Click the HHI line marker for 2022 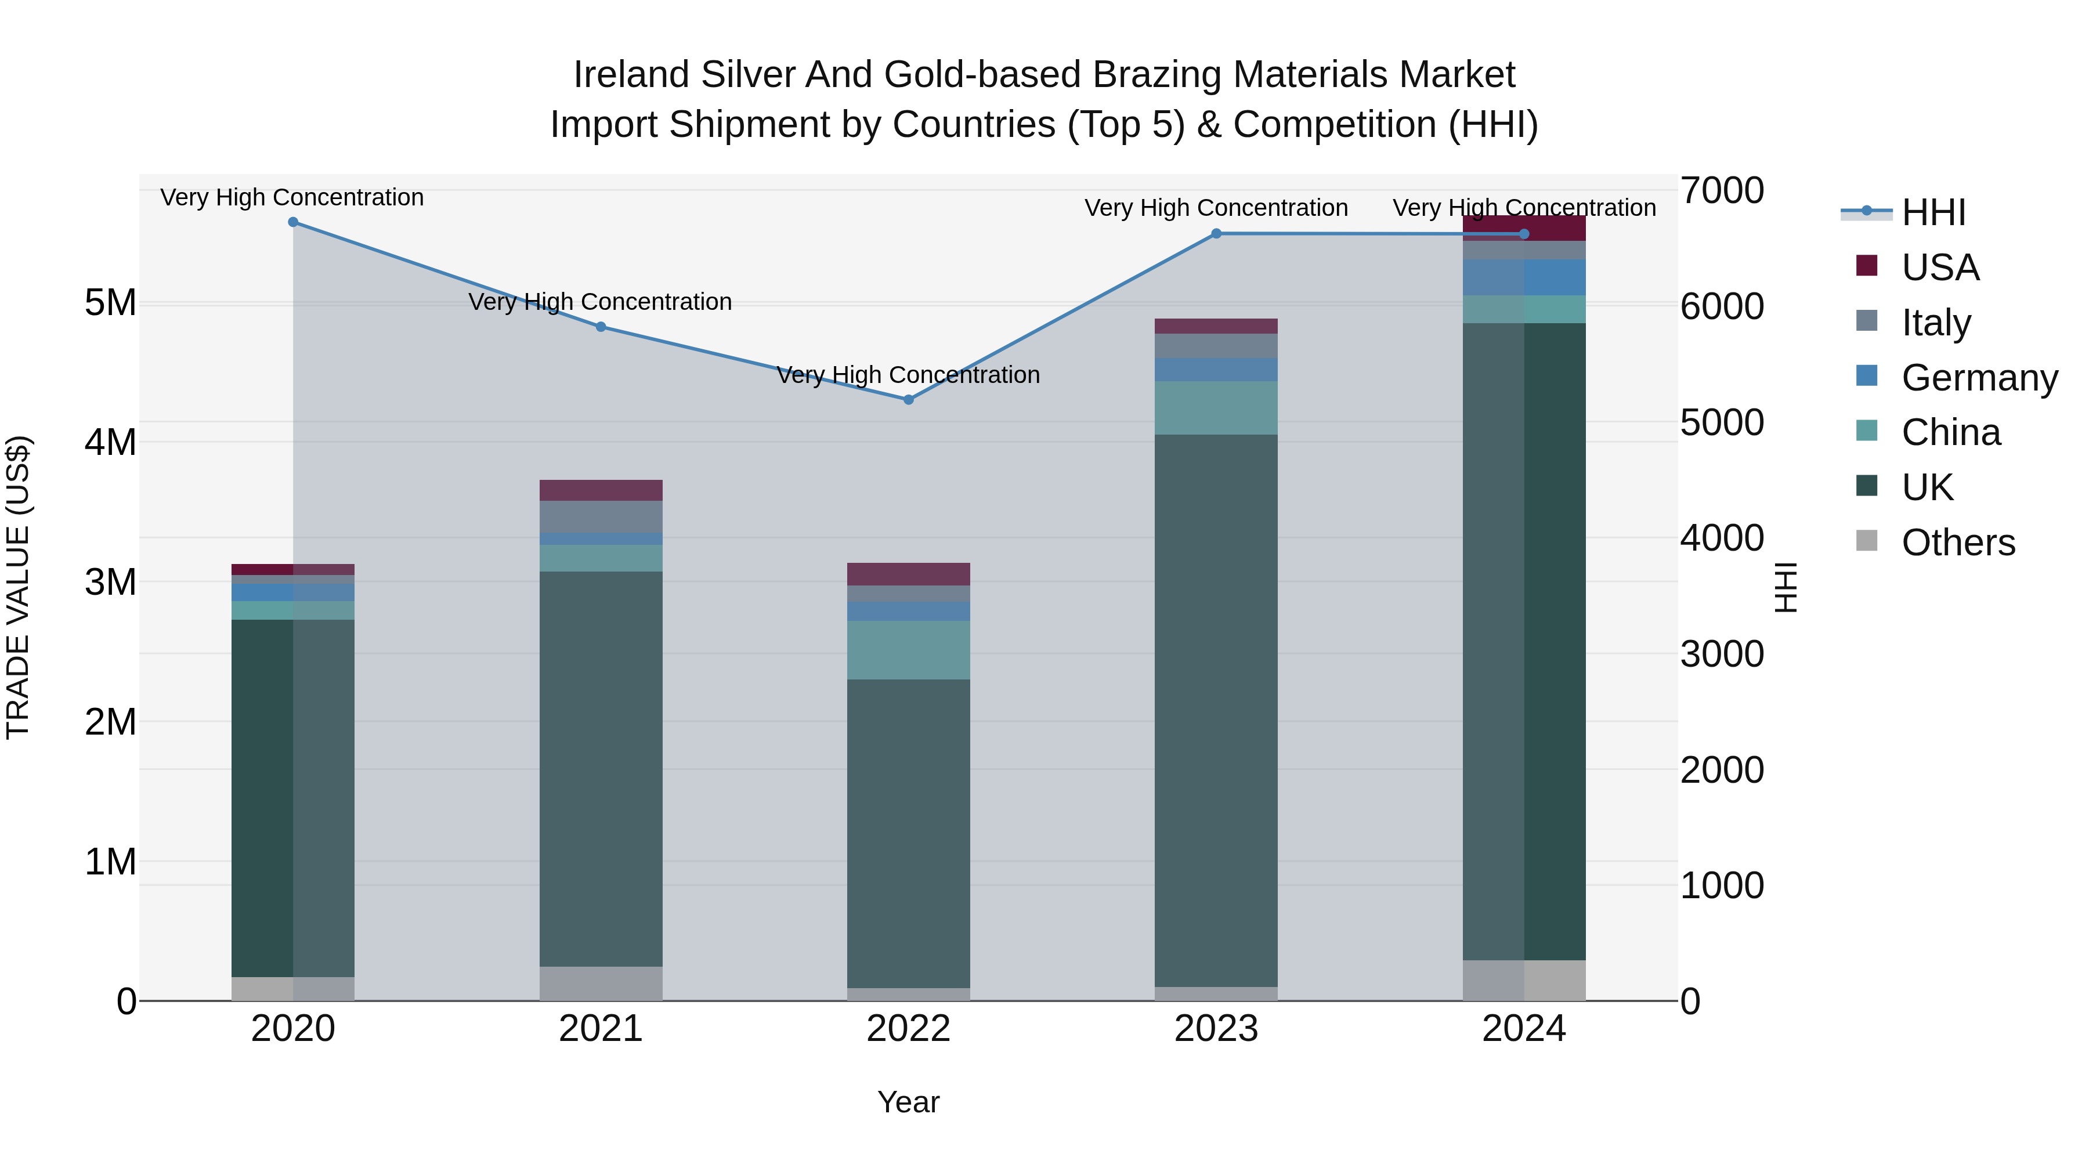pyautogui.click(x=908, y=400)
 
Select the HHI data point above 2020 pyautogui.click(x=294, y=222)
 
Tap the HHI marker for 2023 pyautogui.click(x=1216, y=233)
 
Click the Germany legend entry pyautogui.click(x=1978, y=377)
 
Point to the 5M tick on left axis pyautogui.click(x=110, y=303)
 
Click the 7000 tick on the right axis pyautogui.click(x=1722, y=191)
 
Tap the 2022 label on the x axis pyautogui.click(x=908, y=1029)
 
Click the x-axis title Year pyautogui.click(x=908, y=1102)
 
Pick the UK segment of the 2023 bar pyautogui.click(x=1216, y=710)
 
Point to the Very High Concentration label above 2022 pyautogui.click(x=908, y=375)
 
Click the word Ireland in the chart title pyautogui.click(x=632, y=75)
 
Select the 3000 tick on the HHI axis pyautogui.click(x=1722, y=655)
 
